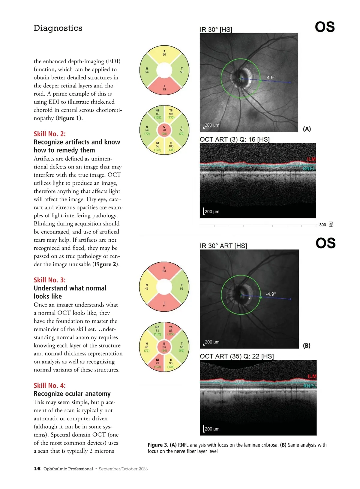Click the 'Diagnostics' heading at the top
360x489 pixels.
point(58,28)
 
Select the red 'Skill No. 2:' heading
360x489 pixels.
point(49,134)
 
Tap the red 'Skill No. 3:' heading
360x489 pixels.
point(49,280)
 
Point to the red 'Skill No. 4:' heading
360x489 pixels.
point(49,386)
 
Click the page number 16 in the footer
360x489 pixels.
point(37,469)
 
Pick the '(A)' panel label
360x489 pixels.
point(307,129)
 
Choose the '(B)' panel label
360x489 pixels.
point(307,346)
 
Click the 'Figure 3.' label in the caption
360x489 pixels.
point(158,445)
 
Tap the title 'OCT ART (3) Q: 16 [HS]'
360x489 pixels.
point(235,139)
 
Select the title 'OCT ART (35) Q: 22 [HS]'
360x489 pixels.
point(237,356)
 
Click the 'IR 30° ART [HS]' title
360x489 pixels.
point(223,246)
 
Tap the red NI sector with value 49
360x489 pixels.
point(157,363)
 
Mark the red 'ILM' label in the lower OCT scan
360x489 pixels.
point(312,376)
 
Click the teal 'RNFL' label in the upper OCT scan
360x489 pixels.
point(309,169)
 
